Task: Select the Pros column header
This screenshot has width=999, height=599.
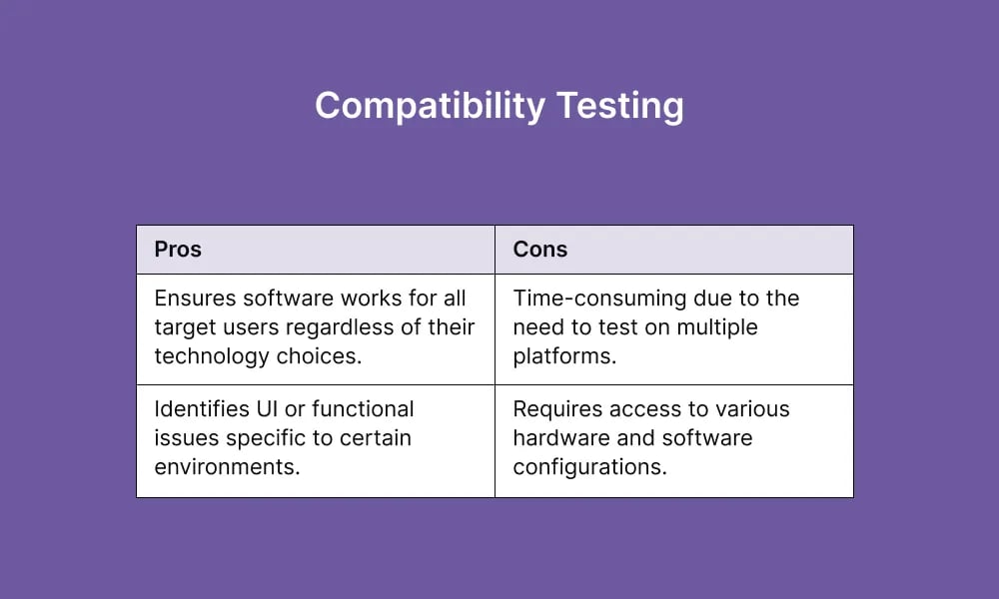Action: coord(178,250)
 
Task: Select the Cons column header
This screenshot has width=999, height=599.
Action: coord(540,250)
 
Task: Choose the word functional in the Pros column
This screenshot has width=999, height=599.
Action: coord(363,409)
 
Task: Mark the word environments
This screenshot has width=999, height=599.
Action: coord(226,467)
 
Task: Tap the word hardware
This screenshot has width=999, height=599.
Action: coord(555,438)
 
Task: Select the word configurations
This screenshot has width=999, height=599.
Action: coord(589,467)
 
